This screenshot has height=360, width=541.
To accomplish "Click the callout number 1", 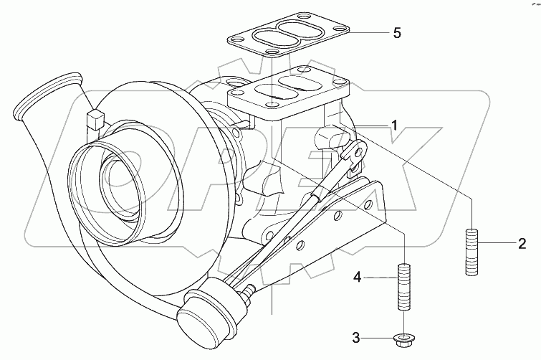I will (x=394, y=126).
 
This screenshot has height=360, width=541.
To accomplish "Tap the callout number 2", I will (x=522, y=242).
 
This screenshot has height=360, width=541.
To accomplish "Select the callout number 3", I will (x=356, y=336).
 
